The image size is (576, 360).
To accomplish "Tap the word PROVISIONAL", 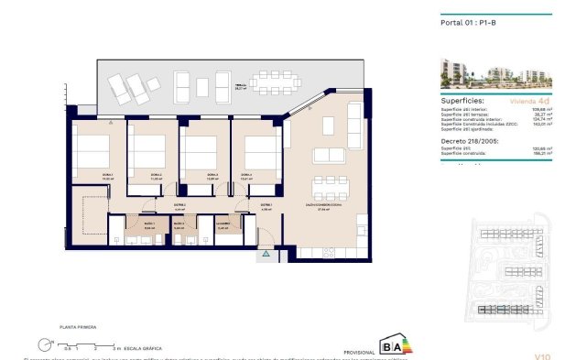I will [x=357, y=352].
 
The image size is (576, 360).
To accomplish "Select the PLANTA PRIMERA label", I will [x=79, y=326].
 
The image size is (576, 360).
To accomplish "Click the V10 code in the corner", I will [x=541, y=355].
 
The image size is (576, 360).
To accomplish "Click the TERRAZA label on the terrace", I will [x=241, y=86].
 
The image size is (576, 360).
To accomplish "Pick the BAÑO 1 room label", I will [x=147, y=223].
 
